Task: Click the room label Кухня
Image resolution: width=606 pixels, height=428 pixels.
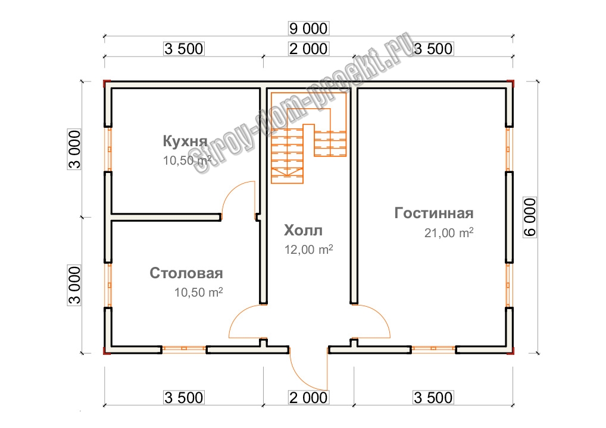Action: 185,141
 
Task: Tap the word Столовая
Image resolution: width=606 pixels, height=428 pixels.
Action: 186,273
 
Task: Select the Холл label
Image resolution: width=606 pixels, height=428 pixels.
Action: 304,231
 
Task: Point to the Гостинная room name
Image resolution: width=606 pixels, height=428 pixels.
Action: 433,213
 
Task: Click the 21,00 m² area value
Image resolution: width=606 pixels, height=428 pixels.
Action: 449,232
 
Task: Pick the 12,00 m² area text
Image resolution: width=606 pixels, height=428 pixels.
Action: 309,249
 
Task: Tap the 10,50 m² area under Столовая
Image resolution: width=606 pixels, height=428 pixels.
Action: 198,292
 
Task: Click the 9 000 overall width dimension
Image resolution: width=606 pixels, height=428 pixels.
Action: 308,29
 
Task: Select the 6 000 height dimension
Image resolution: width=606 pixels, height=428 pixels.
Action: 530,217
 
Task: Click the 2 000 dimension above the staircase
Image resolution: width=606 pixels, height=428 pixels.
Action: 308,49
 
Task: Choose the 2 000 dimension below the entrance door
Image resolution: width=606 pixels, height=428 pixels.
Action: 308,398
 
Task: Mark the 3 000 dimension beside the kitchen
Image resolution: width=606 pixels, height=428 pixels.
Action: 74,149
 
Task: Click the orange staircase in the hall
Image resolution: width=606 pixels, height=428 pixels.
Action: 309,138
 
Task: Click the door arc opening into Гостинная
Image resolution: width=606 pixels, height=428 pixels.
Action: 380,316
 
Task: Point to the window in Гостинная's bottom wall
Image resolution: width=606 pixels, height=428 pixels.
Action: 433,350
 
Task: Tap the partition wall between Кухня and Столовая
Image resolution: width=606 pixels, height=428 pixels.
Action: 166,218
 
